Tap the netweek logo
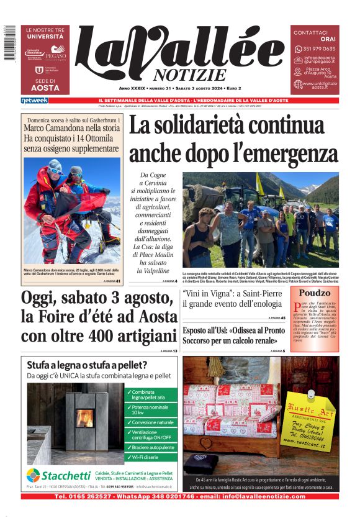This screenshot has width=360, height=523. (x=34, y=101)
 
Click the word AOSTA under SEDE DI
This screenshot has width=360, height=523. (x=45, y=88)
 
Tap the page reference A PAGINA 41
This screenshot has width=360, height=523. (x=113, y=281)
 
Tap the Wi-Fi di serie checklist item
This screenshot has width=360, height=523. (x=146, y=457)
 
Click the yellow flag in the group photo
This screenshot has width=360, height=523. (x=259, y=183)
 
